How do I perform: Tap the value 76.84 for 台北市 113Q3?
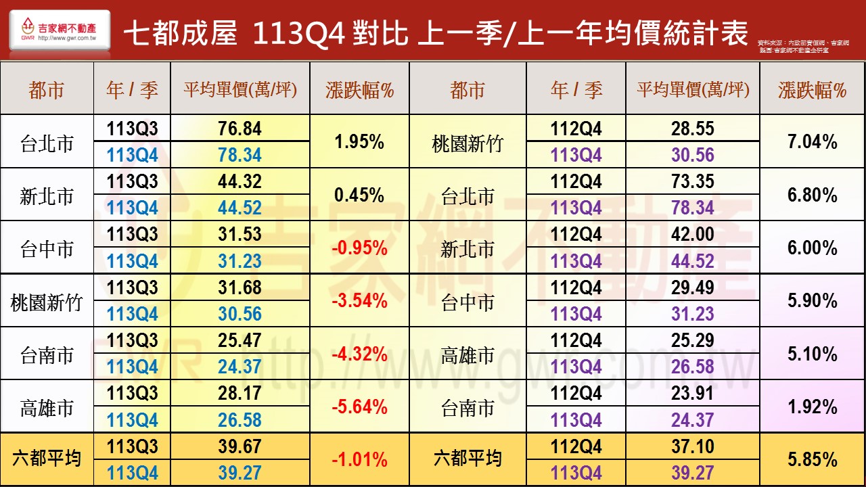pos(240,129)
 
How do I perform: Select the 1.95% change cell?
pos(359,142)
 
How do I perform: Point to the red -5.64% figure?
pos(359,407)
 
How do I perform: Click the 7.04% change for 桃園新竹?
pos(812,142)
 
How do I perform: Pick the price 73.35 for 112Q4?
pos(693,181)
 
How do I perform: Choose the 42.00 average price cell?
pos(693,234)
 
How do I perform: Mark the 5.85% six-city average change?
pos(812,460)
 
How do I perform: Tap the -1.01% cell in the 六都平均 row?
pos(359,460)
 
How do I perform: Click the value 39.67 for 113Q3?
pos(240,446)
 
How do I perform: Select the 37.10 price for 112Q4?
pos(693,446)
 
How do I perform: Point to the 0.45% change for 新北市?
pos(359,195)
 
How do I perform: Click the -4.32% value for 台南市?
pos(359,354)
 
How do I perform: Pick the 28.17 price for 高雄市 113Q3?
pos(240,394)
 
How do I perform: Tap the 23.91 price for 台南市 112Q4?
pos(693,394)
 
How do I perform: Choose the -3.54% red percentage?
pos(359,301)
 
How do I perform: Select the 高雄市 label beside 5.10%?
pos(468,355)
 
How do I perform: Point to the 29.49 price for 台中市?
pos(693,287)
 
